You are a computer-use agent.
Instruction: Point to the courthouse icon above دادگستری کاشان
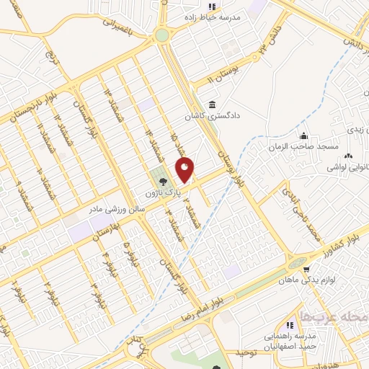point(212,103)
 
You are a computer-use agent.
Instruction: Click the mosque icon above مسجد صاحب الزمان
point(303,134)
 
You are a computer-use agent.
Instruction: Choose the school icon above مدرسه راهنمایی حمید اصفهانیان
point(290,326)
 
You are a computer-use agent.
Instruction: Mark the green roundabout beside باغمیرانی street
point(161,35)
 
